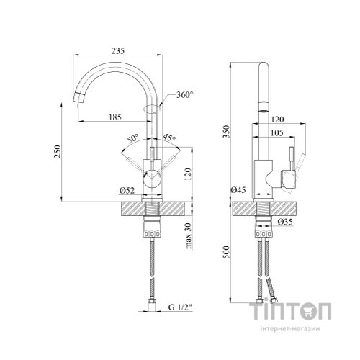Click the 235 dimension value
coord(118,51)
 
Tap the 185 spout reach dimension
coord(115,117)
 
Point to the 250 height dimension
coord(58,151)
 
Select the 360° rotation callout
coord(185,95)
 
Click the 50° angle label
coord(132,139)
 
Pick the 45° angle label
coord(169,138)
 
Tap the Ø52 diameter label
coord(127,191)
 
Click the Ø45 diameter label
coord(238,190)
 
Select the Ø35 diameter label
coord(285,222)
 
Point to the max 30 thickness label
coord(189,236)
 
